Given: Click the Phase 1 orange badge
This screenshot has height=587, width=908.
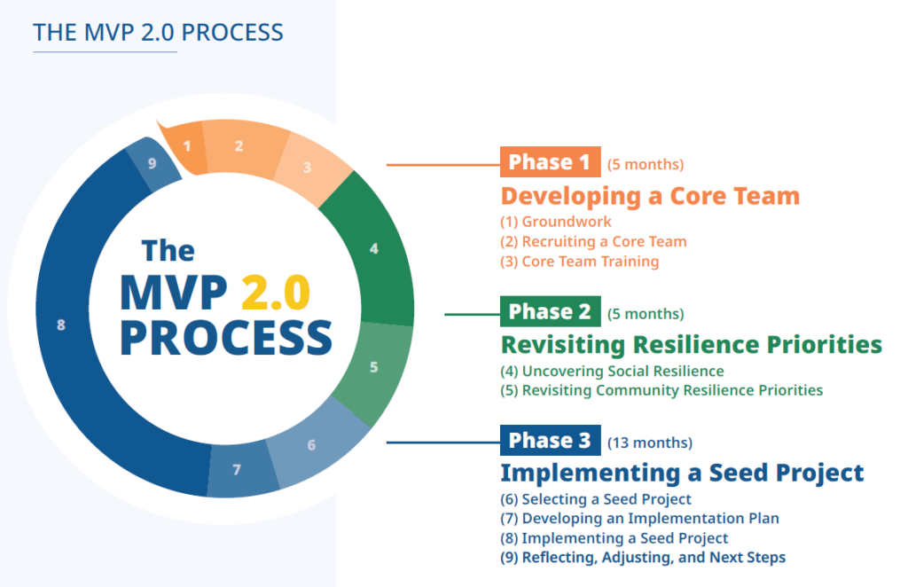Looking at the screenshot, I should tap(550, 162).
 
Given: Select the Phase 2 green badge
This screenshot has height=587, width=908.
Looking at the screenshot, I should tap(550, 312).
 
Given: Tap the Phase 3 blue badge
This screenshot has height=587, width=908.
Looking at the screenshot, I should tap(550, 441).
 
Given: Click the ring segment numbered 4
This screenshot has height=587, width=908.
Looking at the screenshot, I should tap(374, 249).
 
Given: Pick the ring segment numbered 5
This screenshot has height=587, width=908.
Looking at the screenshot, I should tap(373, 366).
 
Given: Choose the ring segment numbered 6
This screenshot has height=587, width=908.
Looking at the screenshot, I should tap(311, 444).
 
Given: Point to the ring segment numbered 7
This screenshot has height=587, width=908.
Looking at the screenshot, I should tap(237, 469).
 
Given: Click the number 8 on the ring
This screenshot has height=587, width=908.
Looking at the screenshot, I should tap(61, 325).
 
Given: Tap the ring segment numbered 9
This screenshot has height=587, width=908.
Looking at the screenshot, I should tap(153, 163).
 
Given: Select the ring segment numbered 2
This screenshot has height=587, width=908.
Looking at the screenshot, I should tap(239, 146).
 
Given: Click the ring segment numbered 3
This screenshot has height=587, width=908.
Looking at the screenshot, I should tap(307, 167).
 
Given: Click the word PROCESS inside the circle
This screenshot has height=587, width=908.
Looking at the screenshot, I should tap(226, 339).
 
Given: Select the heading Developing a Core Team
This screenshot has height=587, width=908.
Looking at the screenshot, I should tap(650, 196).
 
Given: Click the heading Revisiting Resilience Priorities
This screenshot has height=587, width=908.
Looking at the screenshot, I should tap(691, 344).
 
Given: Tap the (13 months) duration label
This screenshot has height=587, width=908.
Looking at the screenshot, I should tap(649, 442).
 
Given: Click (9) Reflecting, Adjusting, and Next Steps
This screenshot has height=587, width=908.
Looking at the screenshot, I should tap(643, 557).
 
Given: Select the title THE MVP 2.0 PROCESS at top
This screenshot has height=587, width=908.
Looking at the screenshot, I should tap(158, 33).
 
